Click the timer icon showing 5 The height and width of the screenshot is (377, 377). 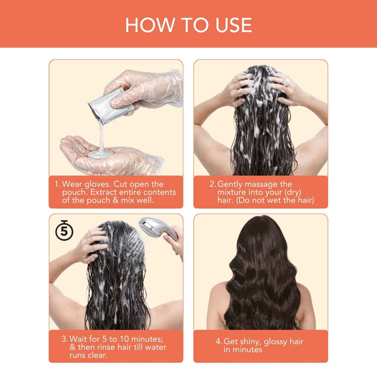point(64,230)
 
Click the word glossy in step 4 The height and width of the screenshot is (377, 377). point(275,342)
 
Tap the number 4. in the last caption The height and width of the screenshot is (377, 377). point(219,342)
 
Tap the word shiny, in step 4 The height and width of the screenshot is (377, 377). point(248,342)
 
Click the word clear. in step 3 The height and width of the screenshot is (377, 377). point(98,355)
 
